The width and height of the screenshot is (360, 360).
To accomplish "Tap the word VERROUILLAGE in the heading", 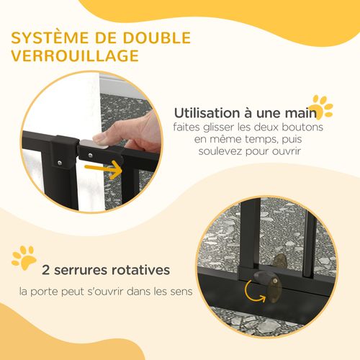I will pos(76,56).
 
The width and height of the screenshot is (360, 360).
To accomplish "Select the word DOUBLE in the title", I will pos(154,37).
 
